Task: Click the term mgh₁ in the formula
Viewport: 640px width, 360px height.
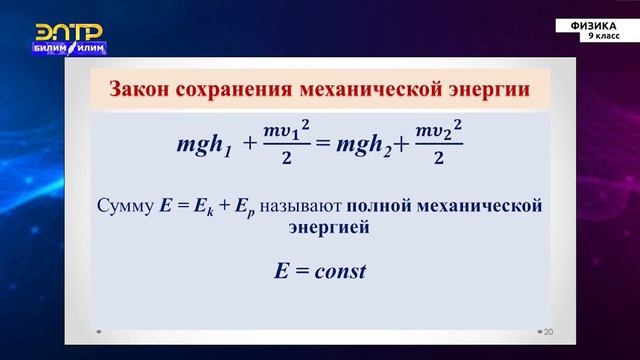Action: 205,145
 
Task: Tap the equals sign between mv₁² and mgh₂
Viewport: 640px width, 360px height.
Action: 322,145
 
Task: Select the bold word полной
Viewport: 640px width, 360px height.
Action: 376,207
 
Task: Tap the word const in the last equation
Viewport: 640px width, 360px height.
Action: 337,270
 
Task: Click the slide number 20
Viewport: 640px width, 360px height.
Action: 547,331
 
